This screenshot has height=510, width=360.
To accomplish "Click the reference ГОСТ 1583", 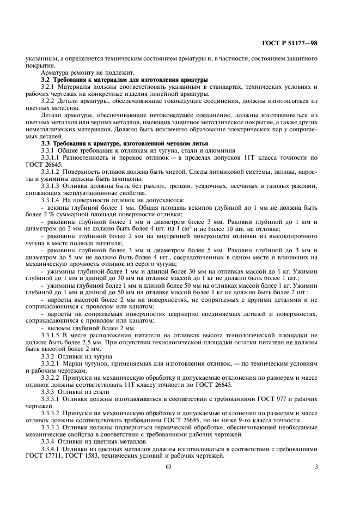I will (94, 456).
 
